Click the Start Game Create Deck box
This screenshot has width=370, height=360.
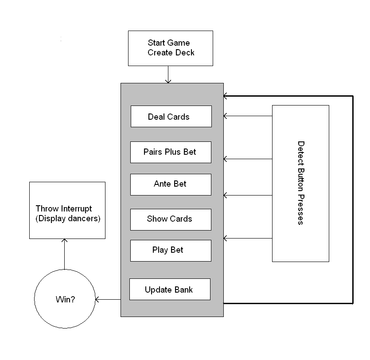pyautogui.click(x=170, y=48)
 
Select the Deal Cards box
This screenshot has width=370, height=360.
pyautogui.click(x=171, y=116)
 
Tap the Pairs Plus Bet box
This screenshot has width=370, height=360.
pyautogui.click(x=171, y=152)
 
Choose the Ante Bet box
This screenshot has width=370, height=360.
pyautogui.click(x=171, y=184)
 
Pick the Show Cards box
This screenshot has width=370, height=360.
pyautogui.click(x=171, y=219)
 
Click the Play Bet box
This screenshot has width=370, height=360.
pyautogui.click(x=171, y=250)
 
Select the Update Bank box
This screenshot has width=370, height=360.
pyautogui.click(x=170, y=290)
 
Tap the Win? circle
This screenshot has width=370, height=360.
pyautogui.click(x=65, y=300)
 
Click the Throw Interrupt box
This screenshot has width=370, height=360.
pyautogui.click(x=67, y=210)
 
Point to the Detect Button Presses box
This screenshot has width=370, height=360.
pyautogui.click(x=300, y=183)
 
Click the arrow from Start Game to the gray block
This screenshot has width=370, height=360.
pyautogui.click(x=168, y=74)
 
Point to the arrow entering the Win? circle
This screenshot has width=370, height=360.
pyautogui.click(x=108, y=300)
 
